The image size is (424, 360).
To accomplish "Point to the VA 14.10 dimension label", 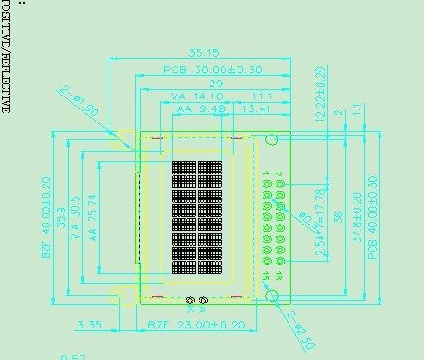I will pyautogui.click(x=196, y=96).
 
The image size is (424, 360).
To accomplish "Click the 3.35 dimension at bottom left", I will pyautogui.click(x=90, y=326).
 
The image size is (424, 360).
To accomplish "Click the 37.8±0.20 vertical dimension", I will pyautogui.click(x=355, y=218).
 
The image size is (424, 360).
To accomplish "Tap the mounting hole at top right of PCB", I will pyautogui.click(x=272, y=140).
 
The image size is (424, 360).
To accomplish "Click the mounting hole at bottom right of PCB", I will pyautogui.click(x=273, y=295).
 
